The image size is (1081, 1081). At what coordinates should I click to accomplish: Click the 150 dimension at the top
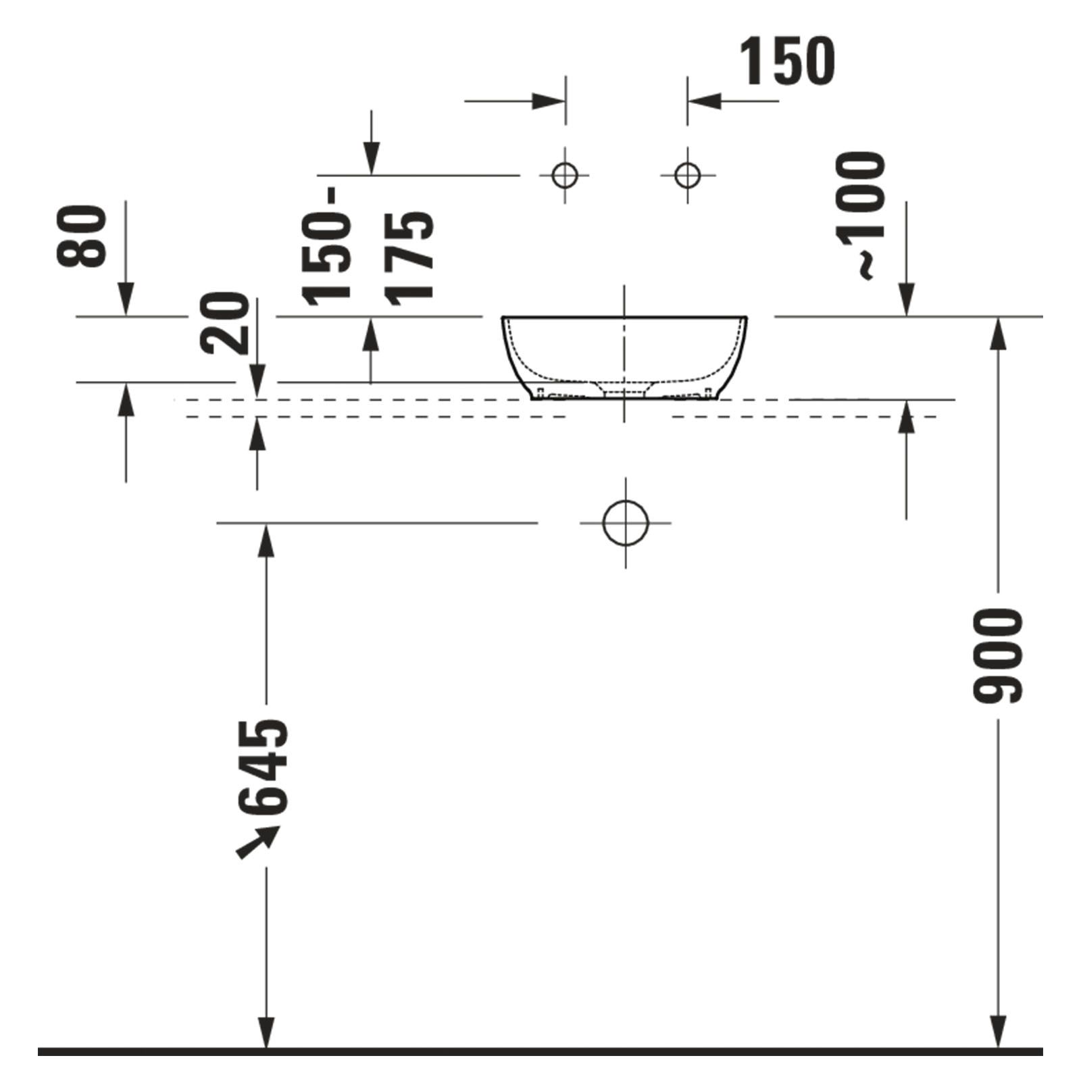pyautogui.click(x=788, y=61)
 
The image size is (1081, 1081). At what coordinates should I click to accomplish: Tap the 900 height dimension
pyautogui.click(x=999, y=655)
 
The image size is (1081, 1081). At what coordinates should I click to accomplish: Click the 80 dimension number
pyautogui.click(x=82, y=236)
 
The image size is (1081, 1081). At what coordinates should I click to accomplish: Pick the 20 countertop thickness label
pyautogui.click(x=224, y=323)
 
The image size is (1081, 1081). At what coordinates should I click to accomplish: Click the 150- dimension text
pyautogui.click(x=327, y=244)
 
